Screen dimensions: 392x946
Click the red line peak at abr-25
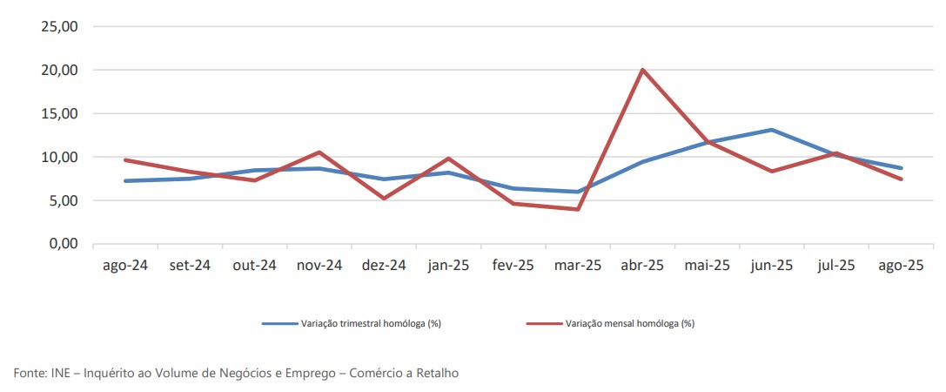coord(642,70)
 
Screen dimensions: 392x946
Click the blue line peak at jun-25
coord(772,130)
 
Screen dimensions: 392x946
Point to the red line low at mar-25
coord(577,209)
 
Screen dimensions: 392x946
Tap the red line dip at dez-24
coord(384,199)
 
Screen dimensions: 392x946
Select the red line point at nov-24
coord(319,152)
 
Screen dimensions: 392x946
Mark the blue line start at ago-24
coord(125,181)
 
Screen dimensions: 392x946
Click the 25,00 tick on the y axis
coord(59,26)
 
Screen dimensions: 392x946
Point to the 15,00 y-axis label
coord(59,113)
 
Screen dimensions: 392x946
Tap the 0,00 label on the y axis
coord(63,244)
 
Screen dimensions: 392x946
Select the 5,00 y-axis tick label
coord(63,200)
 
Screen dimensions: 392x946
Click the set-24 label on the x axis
coord(190,266)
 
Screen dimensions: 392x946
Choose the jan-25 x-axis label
coord(448,266)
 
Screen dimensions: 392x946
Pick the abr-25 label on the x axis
coord(642,266)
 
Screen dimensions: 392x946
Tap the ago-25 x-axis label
coord(901,266)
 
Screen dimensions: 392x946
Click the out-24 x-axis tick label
coord(254,266)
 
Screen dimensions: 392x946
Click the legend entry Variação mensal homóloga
coord(629,324)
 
